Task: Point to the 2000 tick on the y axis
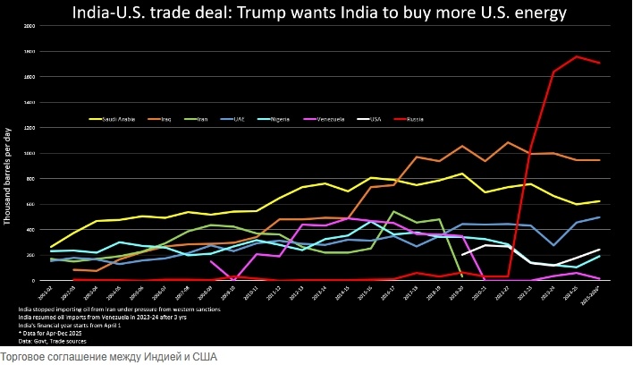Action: coord(30,26)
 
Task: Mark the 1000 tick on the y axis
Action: coord(30,153)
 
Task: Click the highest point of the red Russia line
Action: coord(577,56)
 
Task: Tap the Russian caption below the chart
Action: coord(108,357)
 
